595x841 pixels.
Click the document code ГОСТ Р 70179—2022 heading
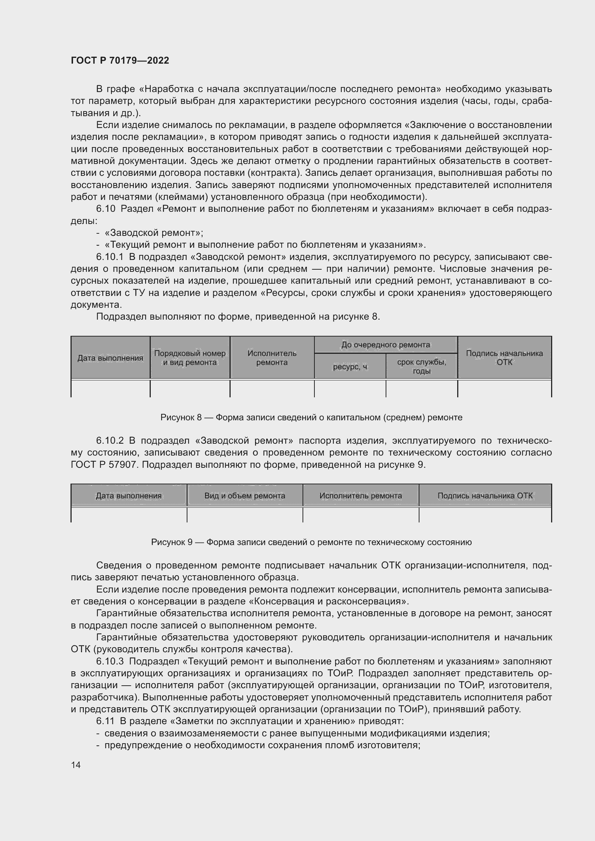[120, 60]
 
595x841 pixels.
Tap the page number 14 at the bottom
[76, 765]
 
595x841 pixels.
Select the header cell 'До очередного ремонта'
[385, 345]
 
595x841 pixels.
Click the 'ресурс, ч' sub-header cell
[350, 367]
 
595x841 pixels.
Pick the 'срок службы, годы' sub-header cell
[421, 366]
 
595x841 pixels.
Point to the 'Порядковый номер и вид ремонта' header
[190, 358]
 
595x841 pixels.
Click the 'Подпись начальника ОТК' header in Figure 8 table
[504, 358]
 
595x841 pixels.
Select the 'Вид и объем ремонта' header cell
[245, 495]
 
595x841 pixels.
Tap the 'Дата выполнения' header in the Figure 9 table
[128, 495]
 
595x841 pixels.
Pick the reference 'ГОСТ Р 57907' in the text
[104, 465]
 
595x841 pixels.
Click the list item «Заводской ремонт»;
[154, 233]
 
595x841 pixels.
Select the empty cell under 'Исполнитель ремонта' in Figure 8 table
[272, 389]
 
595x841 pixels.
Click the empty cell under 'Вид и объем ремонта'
[245, 515]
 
